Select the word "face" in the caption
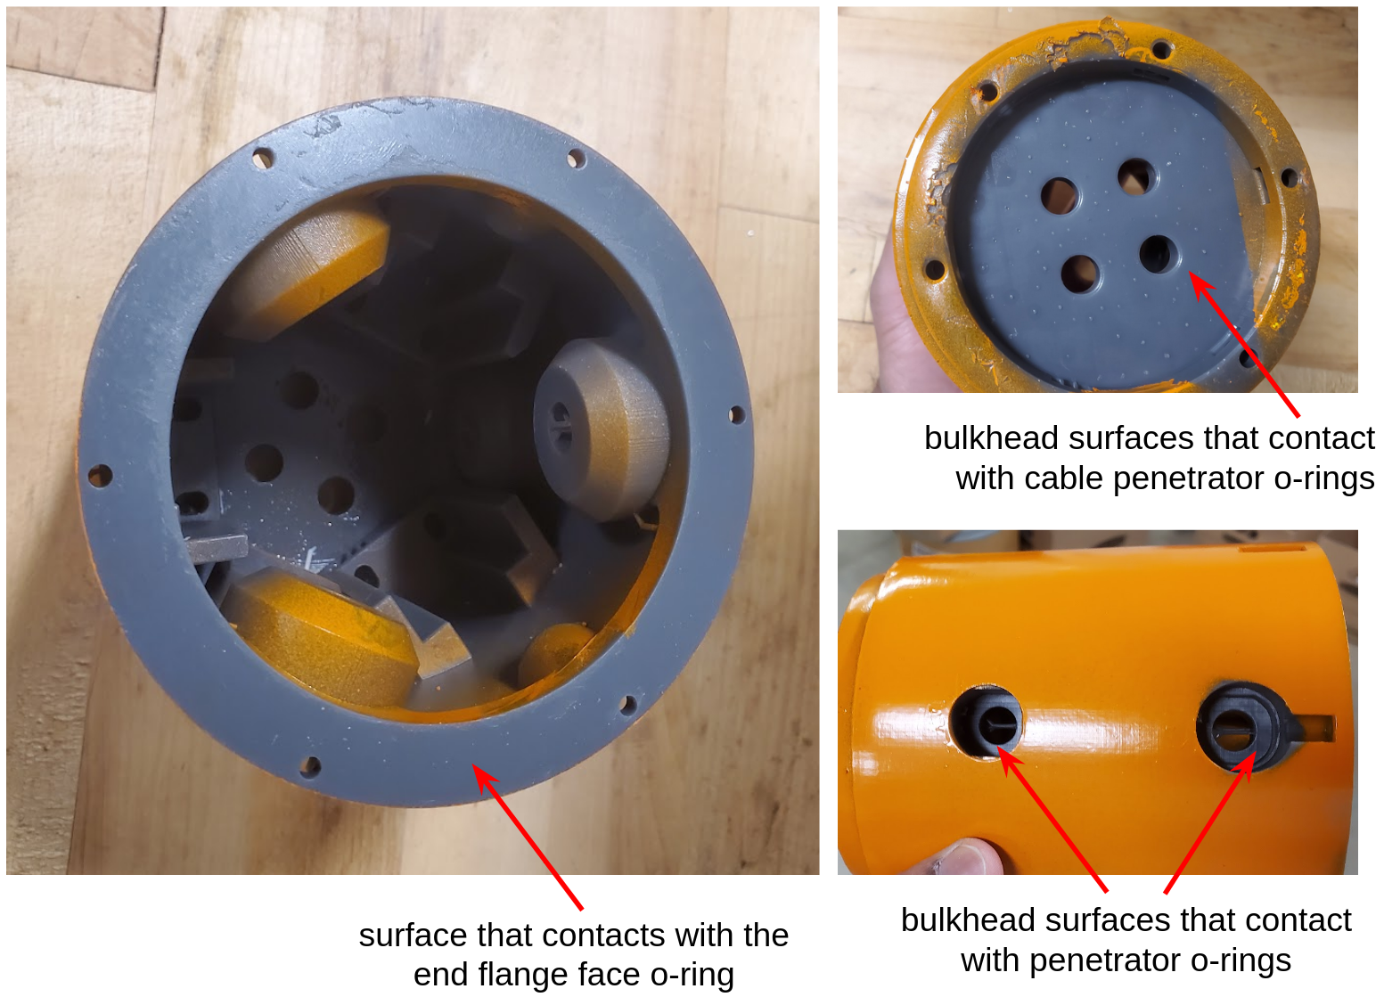(x=610, y=975)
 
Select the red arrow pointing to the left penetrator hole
(x=1052, y=821)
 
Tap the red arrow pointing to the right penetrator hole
(x=1209, y=821)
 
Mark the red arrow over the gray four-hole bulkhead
(x=1244, y=344)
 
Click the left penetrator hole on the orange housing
(x=987, y=722)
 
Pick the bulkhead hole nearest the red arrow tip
(x=1159, y=254)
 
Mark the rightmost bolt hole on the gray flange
(x=736, y=414)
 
